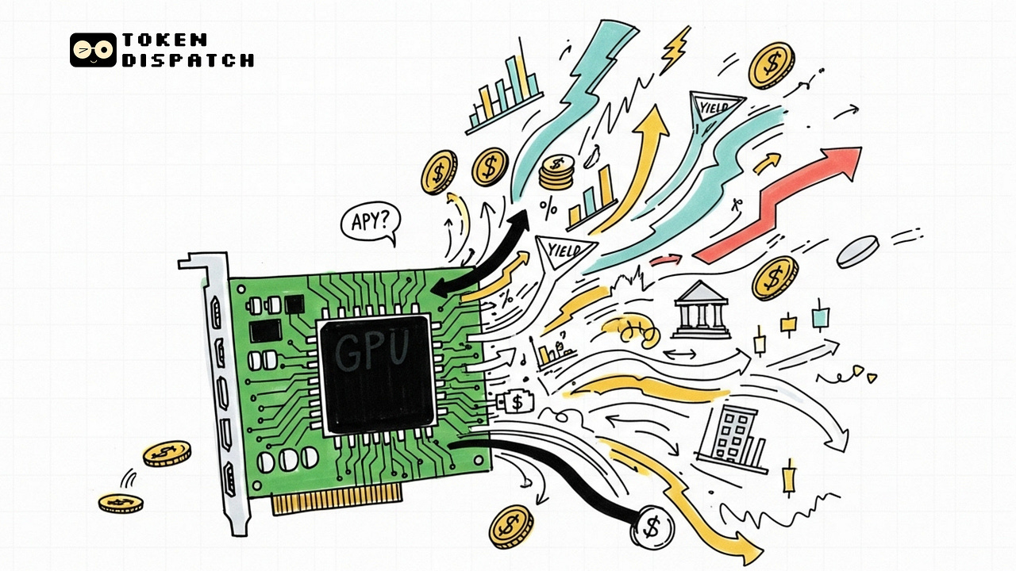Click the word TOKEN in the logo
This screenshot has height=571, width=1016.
click(165, 40)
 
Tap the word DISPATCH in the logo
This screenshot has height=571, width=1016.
click(188, 59)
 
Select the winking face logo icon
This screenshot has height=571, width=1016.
click(93, 50)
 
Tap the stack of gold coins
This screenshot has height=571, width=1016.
click(556, 173)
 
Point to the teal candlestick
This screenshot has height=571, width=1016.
click(819, 317)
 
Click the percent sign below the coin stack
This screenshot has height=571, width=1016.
click(548, 209)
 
